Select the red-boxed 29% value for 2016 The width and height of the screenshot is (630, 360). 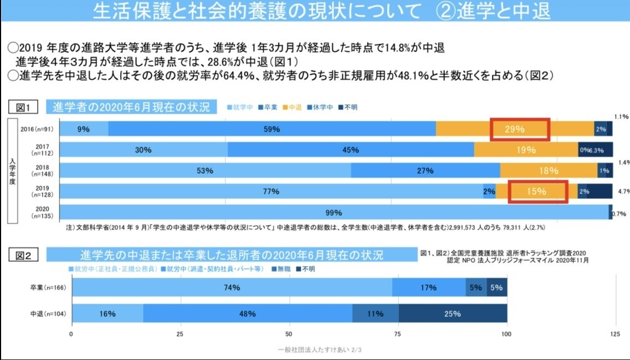(x=519, y=129)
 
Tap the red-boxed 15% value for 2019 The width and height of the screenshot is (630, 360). (x=538, y=191)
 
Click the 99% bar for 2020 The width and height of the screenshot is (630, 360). (x=334, y=213)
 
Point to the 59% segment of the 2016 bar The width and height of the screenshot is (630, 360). (x=271, y=129)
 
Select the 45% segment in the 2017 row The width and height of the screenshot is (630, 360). (x=350, y=150)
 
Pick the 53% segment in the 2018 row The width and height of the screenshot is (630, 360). (x=205, y=170)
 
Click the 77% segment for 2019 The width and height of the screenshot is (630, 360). (x=271, y=192)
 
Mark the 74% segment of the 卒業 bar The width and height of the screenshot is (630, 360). (x=232, y=287)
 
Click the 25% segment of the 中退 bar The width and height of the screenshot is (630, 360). (x=453, y=314)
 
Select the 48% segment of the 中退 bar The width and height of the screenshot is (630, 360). (x=247, y=314)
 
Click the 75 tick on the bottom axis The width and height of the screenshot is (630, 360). (x=397, y=334)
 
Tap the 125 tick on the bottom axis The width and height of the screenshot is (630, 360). (x=614, y=334)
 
